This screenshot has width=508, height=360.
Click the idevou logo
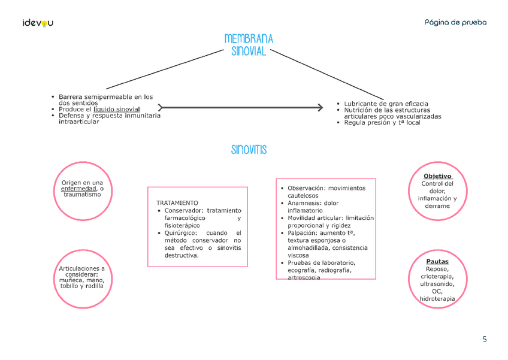38,23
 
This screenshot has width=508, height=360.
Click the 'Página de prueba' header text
455,22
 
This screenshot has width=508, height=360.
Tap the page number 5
484,339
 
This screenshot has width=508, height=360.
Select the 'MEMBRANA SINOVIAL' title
249,45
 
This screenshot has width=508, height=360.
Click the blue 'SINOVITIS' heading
249,150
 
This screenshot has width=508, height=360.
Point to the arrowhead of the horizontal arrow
319,108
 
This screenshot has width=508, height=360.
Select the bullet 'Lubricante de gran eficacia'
386,104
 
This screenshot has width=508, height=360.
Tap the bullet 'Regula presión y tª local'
382,123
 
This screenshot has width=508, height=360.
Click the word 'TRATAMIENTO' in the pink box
177,202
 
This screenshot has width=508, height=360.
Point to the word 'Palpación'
302,233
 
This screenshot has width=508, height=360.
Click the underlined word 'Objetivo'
437,176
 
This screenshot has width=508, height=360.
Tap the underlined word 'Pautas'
437,262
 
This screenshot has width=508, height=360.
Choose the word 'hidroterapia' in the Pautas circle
437,298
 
